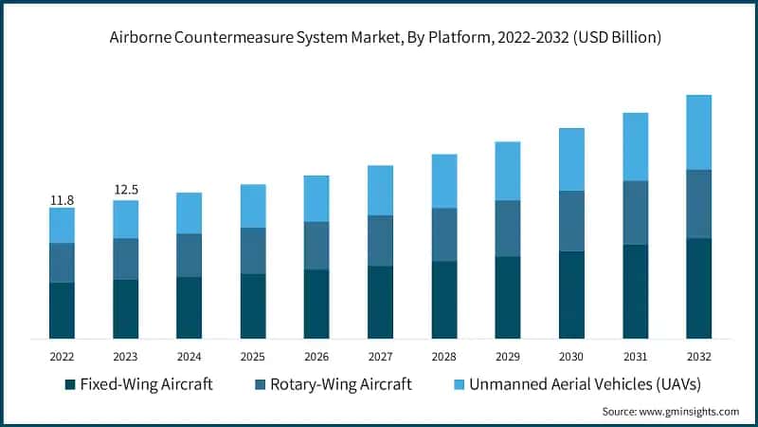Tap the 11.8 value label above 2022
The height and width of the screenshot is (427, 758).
coord(62,200)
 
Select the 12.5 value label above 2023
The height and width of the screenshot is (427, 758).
coord(125,191)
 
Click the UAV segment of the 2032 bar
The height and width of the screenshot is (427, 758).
coord(698,132)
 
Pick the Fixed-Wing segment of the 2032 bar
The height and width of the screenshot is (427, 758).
coord(698,288)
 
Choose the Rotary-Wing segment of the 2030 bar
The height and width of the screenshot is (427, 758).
coord(571,221)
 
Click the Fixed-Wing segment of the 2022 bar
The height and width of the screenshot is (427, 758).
coord(62,310)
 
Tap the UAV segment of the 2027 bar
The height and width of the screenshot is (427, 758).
coord(380,190)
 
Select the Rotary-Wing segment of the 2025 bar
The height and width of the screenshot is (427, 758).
coord(253,251)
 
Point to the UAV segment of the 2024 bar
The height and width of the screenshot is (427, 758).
coord(189,213)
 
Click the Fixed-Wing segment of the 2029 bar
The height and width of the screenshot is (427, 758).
coord(508,297)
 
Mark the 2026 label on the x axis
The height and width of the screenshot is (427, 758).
coord(316,356)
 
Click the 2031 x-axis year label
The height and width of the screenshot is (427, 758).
coord(635,356)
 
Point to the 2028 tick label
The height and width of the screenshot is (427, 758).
coord(443,356)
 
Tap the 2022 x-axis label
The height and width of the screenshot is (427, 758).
coord(62,356)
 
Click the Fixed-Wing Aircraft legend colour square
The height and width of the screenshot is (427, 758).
coord(69,384)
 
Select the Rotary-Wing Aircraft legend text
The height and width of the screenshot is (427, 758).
coord(341,384)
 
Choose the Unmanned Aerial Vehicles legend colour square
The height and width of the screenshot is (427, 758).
coord(452,384)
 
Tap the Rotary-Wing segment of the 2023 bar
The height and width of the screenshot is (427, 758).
coord(125,258)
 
